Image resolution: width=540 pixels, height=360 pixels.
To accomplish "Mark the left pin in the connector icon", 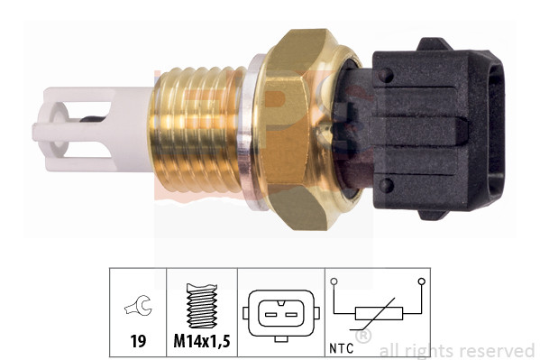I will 268,312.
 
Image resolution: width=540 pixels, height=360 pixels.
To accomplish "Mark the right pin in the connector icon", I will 289,312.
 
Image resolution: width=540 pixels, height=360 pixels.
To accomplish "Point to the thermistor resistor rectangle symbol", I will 378,313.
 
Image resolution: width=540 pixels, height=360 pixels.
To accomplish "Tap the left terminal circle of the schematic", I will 334,282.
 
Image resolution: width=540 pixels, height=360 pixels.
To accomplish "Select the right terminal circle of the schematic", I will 421,282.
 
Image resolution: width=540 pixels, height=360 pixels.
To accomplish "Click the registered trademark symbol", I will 362,337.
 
